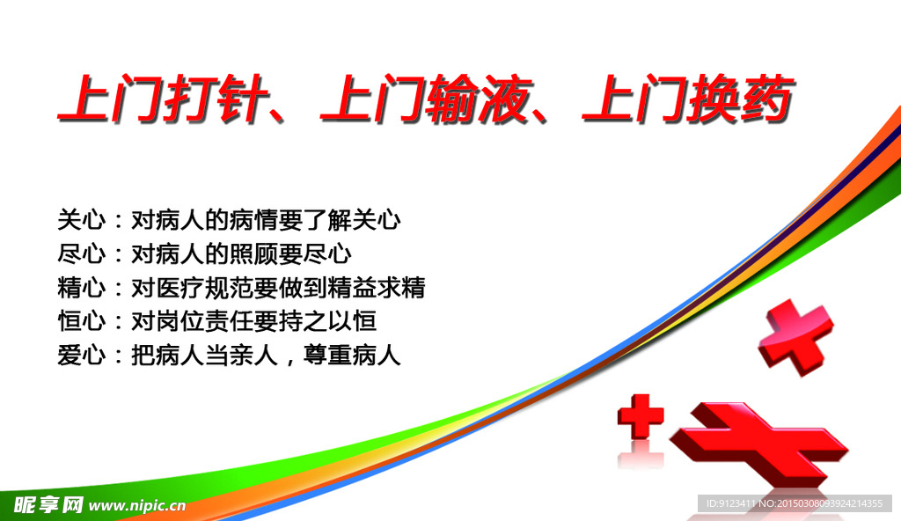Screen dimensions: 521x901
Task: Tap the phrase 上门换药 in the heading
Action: point(685,99)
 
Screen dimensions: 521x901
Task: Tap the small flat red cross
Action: point(641,415)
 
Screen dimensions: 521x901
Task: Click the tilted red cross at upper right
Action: point(794,335)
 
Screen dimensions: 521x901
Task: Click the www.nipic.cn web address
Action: point(137,505)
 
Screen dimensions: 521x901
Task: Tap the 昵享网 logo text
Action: point(49,504)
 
